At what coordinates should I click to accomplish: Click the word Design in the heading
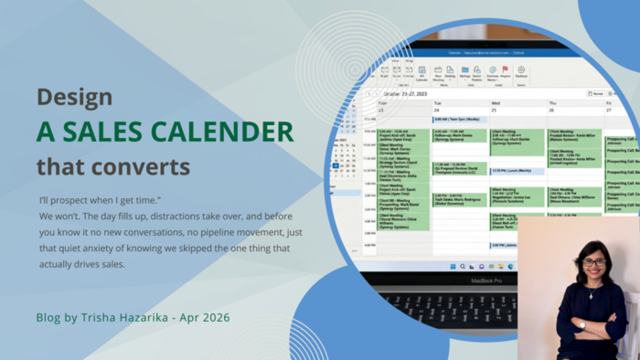coord(75,98)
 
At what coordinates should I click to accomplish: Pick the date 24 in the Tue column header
coord(437,111)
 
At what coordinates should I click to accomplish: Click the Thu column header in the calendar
coord(552,103)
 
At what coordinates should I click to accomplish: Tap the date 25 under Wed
coord(495,111)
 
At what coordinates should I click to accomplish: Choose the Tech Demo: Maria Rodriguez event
coord(460,198)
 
